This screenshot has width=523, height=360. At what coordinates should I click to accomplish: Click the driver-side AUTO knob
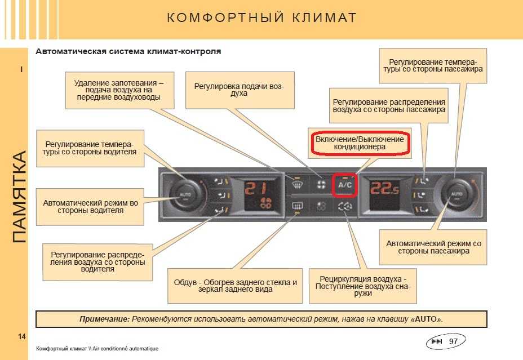coord(185,195)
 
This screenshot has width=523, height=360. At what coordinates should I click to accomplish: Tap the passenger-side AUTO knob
coord(457,194)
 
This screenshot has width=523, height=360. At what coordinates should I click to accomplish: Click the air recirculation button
coord(345,207)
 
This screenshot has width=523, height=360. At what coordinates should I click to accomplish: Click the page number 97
coord(453,341)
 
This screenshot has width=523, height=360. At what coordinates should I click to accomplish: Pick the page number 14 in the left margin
coord(21,337)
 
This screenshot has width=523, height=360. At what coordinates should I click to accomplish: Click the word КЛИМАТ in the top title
coord(324,17)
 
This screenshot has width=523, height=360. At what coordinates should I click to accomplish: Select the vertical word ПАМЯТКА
coord(19,197)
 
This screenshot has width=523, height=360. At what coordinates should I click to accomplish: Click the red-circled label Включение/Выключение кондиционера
coord(360,143)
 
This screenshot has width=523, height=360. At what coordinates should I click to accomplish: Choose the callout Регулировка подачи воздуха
coord(240,90)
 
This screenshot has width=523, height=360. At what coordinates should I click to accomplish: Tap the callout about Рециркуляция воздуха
coord(363,286)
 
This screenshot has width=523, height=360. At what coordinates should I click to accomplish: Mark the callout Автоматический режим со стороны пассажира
coord(433,247)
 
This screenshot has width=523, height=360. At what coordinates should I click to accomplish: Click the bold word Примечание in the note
coord(104,319)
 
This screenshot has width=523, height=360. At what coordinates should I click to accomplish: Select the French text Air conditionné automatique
coord(126,349)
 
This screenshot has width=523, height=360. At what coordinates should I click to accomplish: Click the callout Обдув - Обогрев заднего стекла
coord(235,286)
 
